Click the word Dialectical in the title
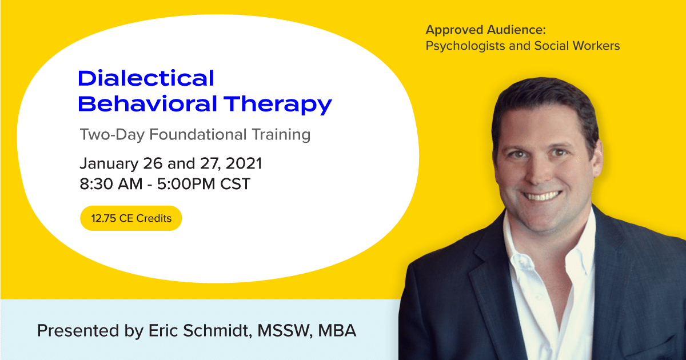146,78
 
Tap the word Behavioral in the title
147,103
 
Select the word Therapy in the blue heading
278,105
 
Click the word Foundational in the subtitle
198,134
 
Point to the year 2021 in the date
244,163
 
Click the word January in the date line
109,163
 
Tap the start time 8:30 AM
111,183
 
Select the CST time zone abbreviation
235,183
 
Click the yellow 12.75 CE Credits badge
131,218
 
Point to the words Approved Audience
486,30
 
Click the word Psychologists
465,46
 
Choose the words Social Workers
577,46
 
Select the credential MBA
337,331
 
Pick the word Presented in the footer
78,331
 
